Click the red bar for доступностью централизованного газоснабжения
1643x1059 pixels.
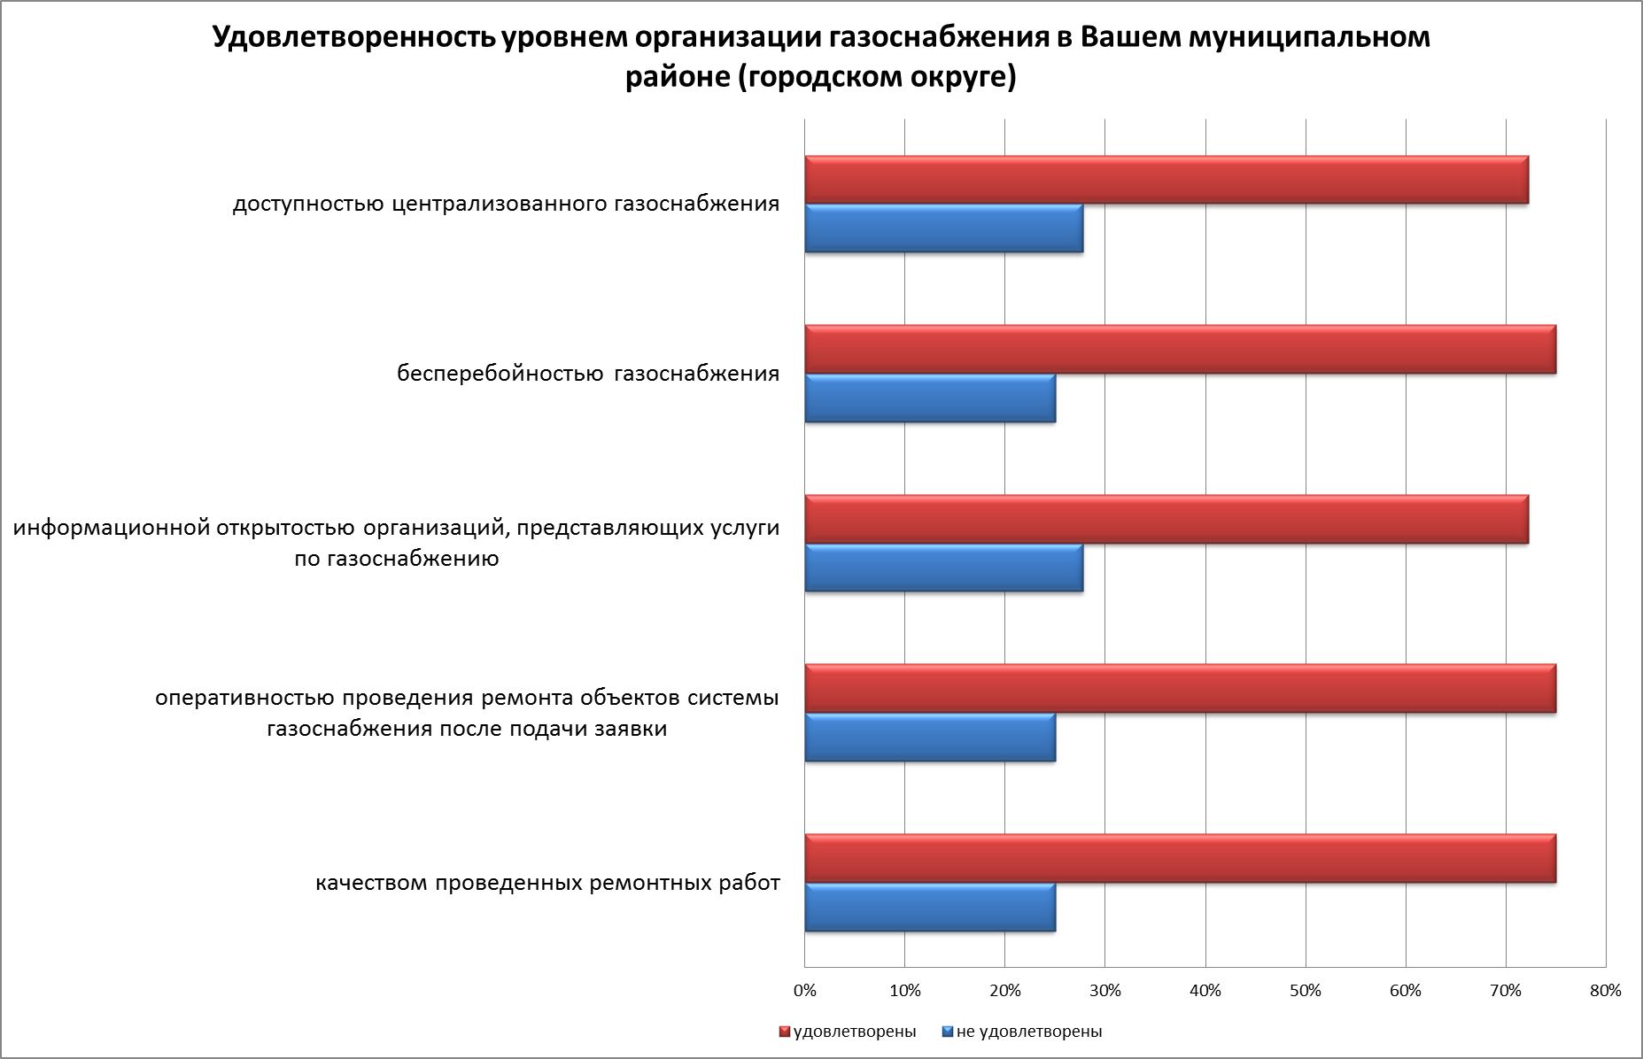(x=1166, y=180)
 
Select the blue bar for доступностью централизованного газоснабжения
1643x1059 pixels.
(x=943, y=228)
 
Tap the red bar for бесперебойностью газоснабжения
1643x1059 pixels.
(x=1180, y=350)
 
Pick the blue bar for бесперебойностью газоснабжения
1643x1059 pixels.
(x=930, y=398)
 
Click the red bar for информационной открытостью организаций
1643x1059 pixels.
(x=1166, y=520)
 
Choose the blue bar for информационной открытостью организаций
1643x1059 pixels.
(x=943, y=568)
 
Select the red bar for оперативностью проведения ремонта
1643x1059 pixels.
(x=1180, y=689)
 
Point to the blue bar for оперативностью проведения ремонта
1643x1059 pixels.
(x=930, y=738)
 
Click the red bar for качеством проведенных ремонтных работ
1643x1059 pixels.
(x=1180, y=859)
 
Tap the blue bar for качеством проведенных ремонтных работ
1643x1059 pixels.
(x=930, y=907)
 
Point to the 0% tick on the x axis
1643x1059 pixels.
(x=804, y=991)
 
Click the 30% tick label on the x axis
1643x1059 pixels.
(x=1105, y=991)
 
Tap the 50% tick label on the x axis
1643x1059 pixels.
(x=1306, y=991)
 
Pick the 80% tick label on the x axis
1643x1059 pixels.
(x=1606, y=991)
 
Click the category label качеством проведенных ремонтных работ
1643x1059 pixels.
(x=547, y=884)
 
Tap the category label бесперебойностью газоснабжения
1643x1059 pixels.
(x=588, y=374)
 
